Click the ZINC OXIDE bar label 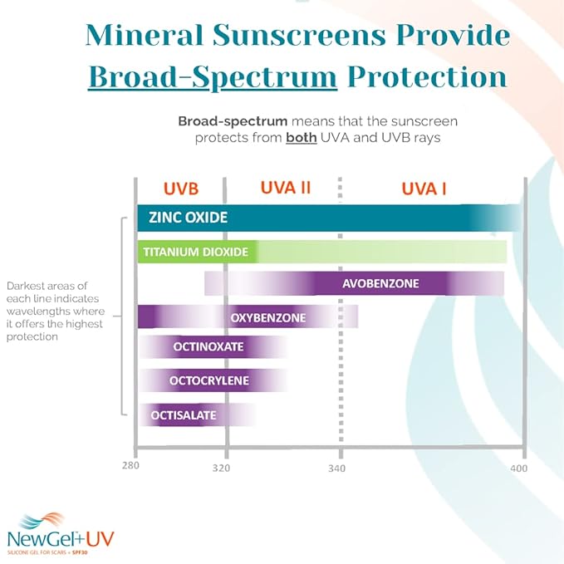(x=189, y=218)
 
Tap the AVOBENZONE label (x=380, y=284)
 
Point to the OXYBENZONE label (x=268, y=317)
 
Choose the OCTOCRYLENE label (x=209, y=380)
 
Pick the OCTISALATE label (x=184, y=414)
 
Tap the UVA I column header (x=424, y=188)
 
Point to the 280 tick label (x=130, y=468)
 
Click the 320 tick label (x=221, y=468)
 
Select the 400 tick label (x=518, y=468)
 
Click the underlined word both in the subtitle (x=301, y=138)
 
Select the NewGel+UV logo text (x=59, y=537)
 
